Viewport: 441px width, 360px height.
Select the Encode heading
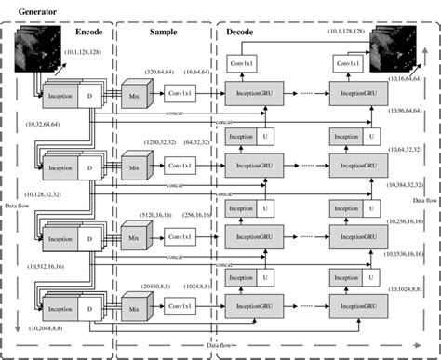pos(91,32)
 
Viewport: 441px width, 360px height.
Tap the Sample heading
pos(164,32)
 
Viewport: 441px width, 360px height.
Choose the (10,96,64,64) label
pos(404,112)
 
